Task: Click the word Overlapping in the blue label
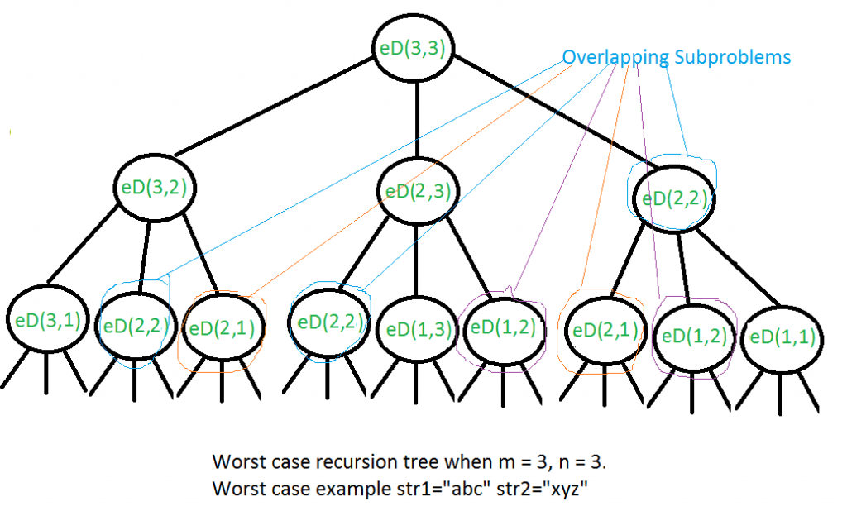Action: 613,57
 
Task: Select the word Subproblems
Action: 730,57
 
